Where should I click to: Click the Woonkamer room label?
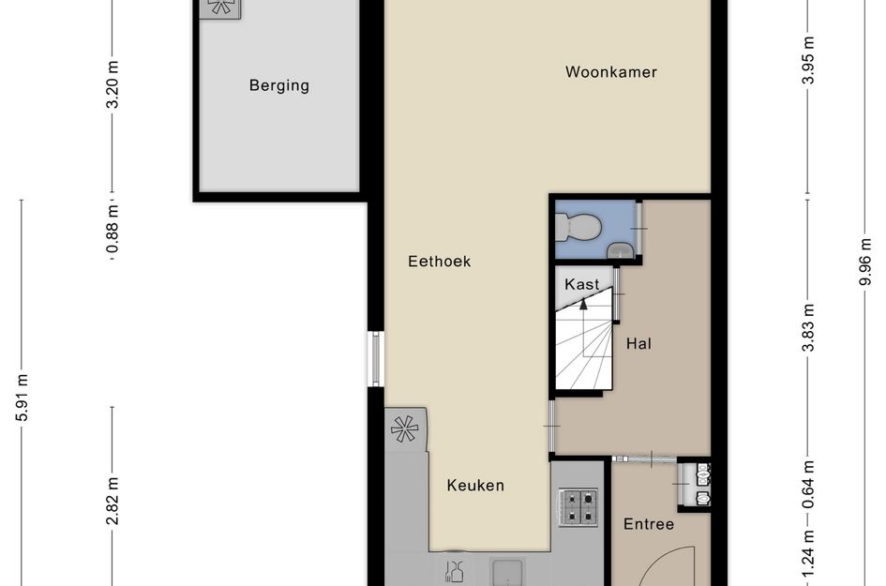[x=610, y=72]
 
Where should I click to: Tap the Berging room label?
[x=278, y=86]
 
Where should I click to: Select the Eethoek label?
[x=439, y=262]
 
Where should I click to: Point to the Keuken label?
[x=475, y=486]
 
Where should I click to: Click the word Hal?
[x=638, y=344]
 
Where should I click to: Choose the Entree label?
[x=649, y=524]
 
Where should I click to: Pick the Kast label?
[x=581, y=284]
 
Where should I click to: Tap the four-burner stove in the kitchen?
[x=578, y=506]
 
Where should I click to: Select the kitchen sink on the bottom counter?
[x=508, y=572]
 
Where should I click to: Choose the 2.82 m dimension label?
[x=113, y=503]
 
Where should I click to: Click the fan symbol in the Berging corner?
[x=221, y=7]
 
